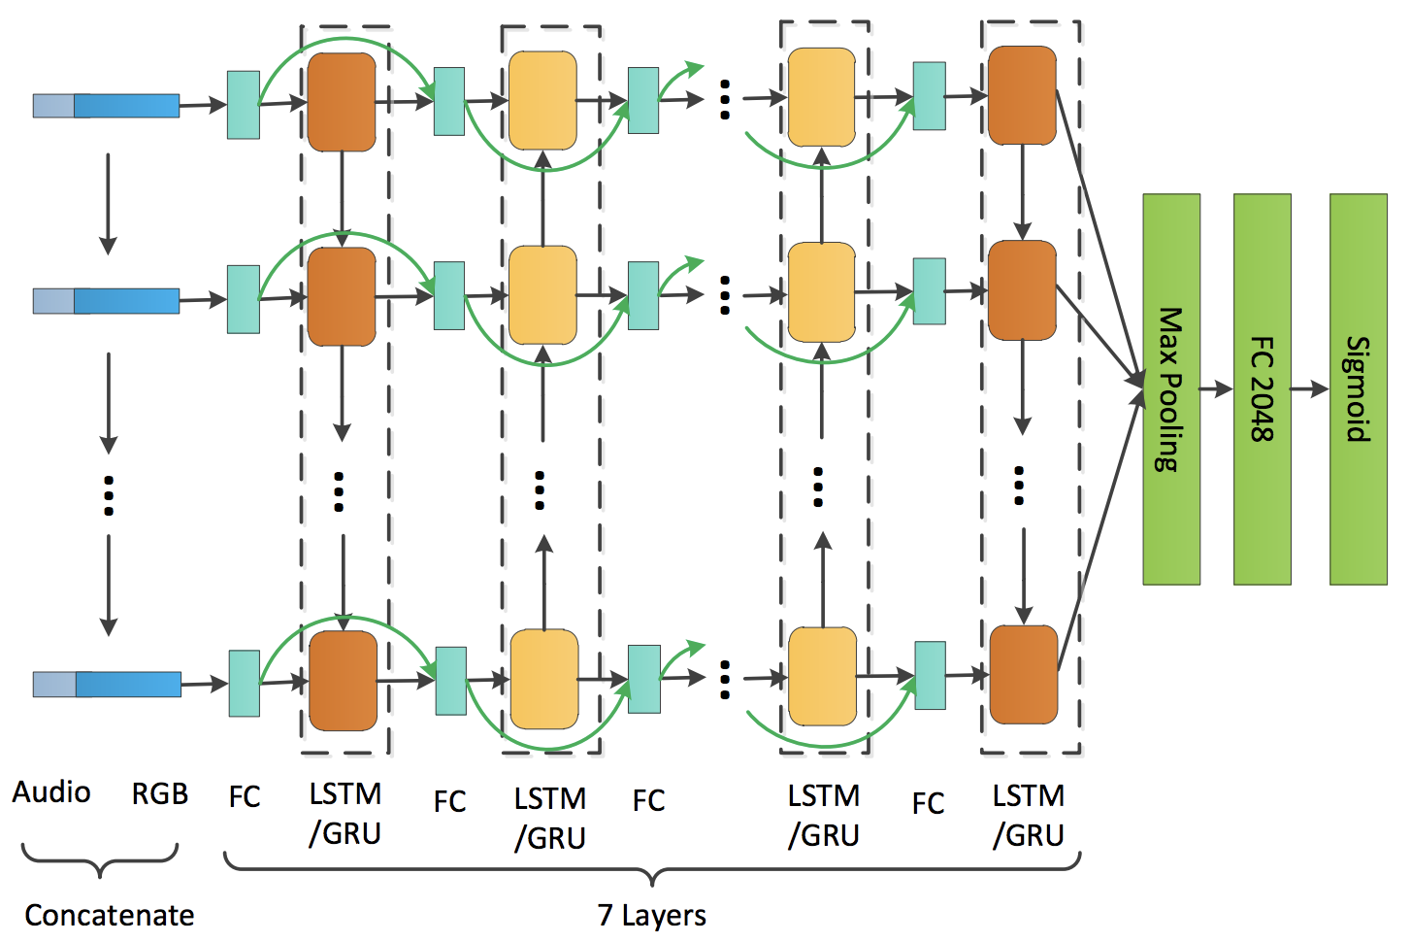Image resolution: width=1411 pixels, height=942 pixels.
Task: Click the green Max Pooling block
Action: (1171, 389)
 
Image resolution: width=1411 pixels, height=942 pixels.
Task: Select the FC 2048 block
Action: (1262, 389)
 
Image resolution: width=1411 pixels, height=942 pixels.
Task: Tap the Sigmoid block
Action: (1358, 389)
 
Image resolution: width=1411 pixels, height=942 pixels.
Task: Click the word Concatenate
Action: (109, 915)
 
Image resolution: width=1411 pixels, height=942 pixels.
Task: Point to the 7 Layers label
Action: (651, 915)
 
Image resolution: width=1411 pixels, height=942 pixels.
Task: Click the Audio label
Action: (51, 792)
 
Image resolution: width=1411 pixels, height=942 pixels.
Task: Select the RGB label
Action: (159, 793)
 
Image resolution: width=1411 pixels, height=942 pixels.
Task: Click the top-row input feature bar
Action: (106, 106)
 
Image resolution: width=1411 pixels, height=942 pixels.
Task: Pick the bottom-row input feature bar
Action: (107, 685)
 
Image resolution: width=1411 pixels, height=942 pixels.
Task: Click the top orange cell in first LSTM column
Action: (342, 102)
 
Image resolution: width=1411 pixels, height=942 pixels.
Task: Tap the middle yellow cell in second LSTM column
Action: (542, 294)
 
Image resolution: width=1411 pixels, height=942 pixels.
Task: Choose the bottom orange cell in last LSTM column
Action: (1024, 675)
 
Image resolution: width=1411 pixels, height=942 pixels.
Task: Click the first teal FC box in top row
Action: (244, 105)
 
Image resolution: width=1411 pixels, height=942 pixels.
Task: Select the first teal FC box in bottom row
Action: (244, 684)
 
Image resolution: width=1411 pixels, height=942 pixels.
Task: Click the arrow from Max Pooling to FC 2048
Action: (1216, 389)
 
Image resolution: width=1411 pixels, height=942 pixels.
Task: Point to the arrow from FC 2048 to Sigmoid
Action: (1310, 389)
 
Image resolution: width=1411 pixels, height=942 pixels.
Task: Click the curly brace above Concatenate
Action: (100, 859)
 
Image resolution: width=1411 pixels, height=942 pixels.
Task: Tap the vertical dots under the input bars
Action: (109, 495)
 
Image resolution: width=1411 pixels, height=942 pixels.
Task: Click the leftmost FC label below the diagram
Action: (245, 797)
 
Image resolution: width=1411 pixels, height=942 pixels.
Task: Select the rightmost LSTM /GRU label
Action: (1029, 815)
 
